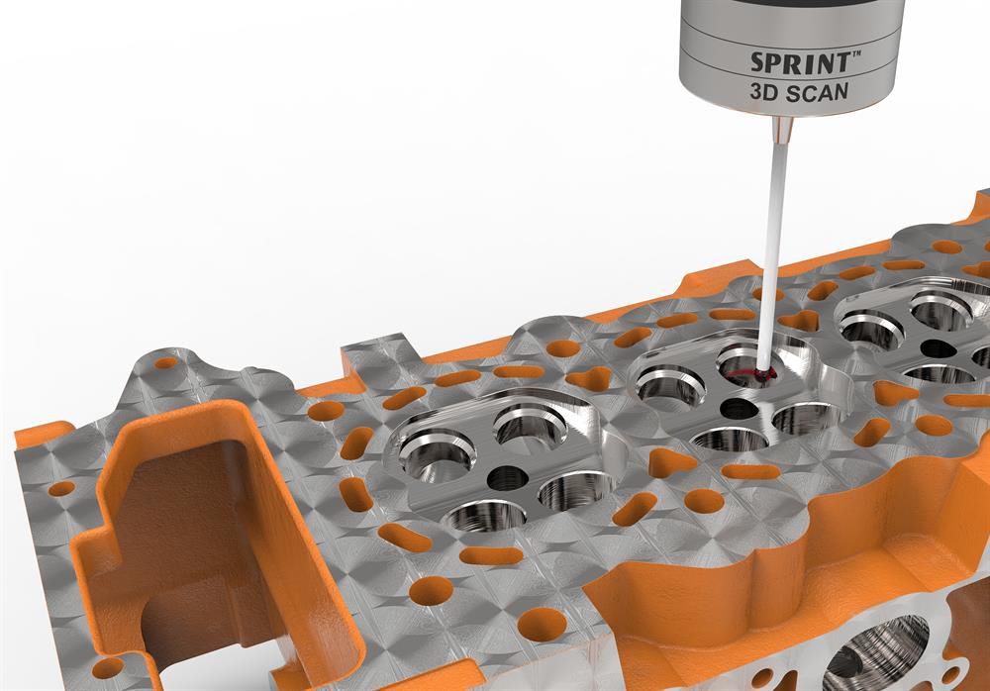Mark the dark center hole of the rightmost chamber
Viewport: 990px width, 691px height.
pos(936,348)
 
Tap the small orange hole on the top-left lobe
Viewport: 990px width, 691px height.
pos(166,363)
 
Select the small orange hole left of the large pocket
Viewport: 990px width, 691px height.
pos(61,488)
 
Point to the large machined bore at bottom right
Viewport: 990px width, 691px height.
pos(875,653)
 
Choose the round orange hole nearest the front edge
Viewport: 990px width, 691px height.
pos(543,625)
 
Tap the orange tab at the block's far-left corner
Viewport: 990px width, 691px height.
pos(40,435)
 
